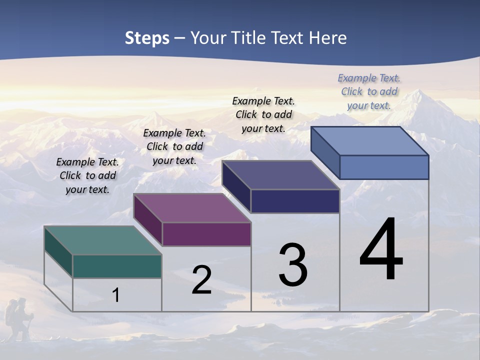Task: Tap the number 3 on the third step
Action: (x=293, y=265)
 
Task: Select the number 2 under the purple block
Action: (x=201, y=280)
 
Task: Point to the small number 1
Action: (x=116, y=295)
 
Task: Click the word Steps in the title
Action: (x=147, y=38)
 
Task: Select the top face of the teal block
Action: (x=102, y=240)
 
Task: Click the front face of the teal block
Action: (x=117, y=266)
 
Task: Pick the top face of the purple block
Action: (x=192, y=208)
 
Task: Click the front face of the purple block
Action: (x=206, y=234)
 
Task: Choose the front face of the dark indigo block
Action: (x=295, y=201)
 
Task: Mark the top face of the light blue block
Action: (x=370, y=141)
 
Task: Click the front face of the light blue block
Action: (x=384, y=167)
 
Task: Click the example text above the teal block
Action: (x=87, y=175)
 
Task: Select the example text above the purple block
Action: (x=174, y=146)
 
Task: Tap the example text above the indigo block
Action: (x=263, y=114)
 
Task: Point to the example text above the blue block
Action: (x=369, y=91)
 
